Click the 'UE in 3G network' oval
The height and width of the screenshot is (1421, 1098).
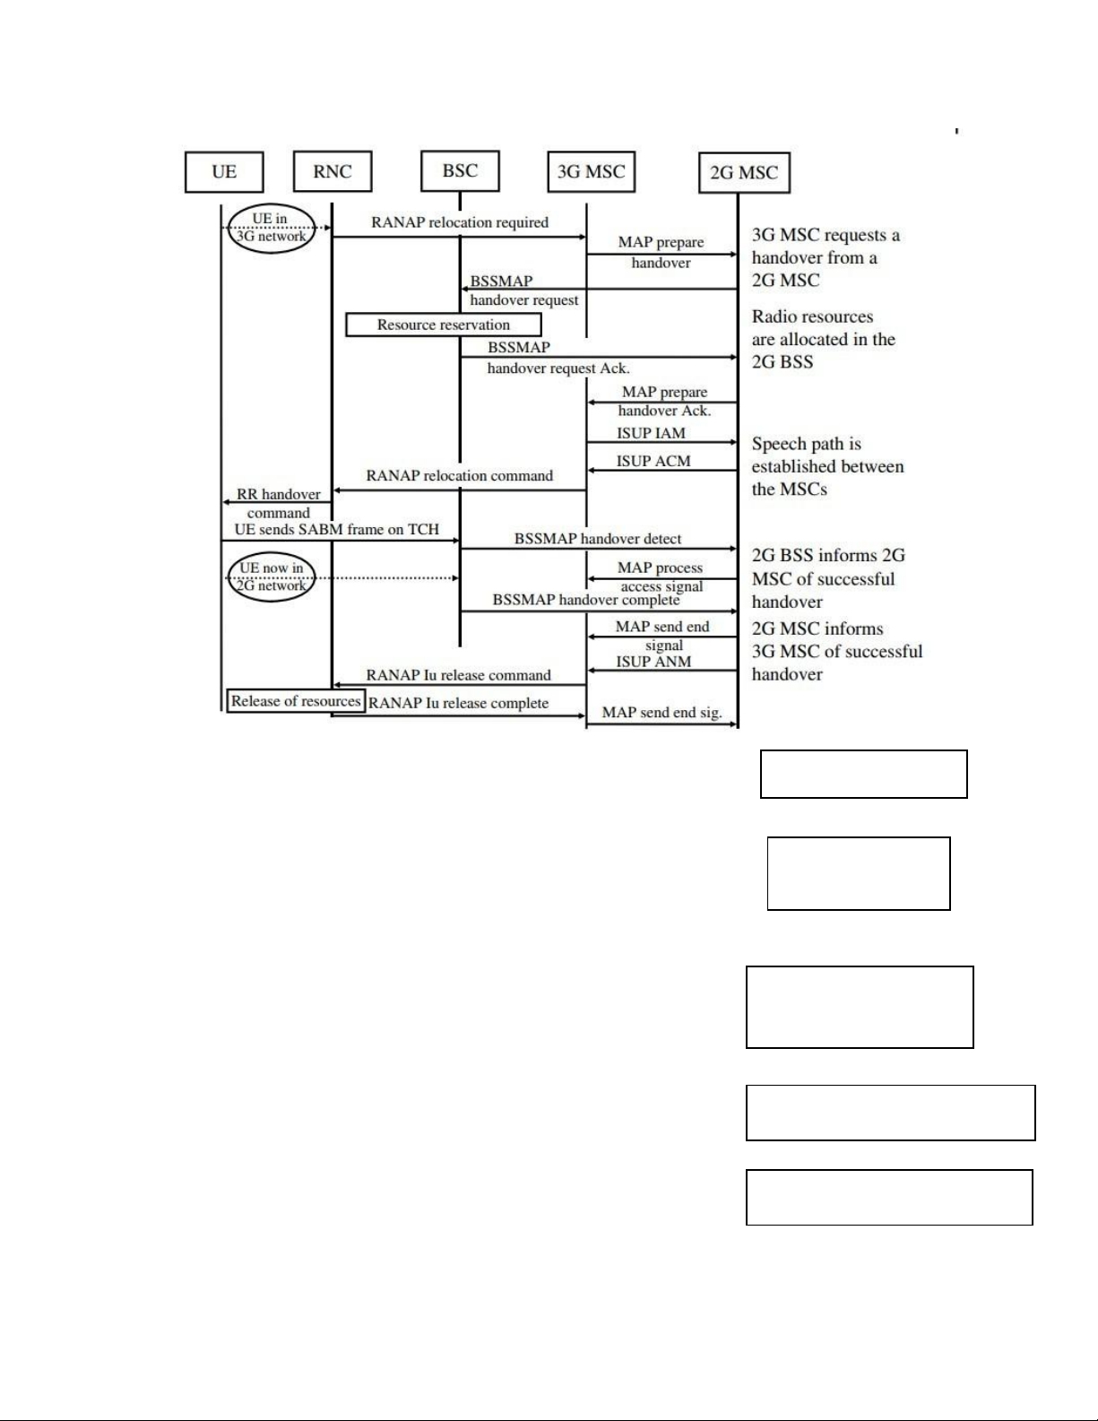click(x=272, y=204)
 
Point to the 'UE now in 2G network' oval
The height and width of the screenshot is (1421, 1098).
click(x=272, y=555)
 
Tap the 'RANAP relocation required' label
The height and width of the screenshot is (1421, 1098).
click(x=460, y=222)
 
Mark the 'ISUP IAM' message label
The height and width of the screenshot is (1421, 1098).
click(x=651, y=433)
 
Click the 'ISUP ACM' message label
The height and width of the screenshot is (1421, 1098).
click(x=653, y=461)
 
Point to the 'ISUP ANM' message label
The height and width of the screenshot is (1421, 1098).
click(x=653, y=662)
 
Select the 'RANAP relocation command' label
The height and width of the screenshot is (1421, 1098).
click(x=459, y=475)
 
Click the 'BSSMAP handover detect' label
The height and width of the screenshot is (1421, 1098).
click(x=597, y=539)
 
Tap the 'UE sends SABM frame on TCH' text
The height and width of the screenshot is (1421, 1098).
click(x=337, y=529)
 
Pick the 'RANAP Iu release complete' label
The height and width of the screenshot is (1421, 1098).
click(x=458, y=703)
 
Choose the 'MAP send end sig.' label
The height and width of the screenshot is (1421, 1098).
click(x=661, y=712)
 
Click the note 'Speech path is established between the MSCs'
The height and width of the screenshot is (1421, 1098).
click(x=827, y=466)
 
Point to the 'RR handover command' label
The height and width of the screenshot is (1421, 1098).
click(x=279, y=504)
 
